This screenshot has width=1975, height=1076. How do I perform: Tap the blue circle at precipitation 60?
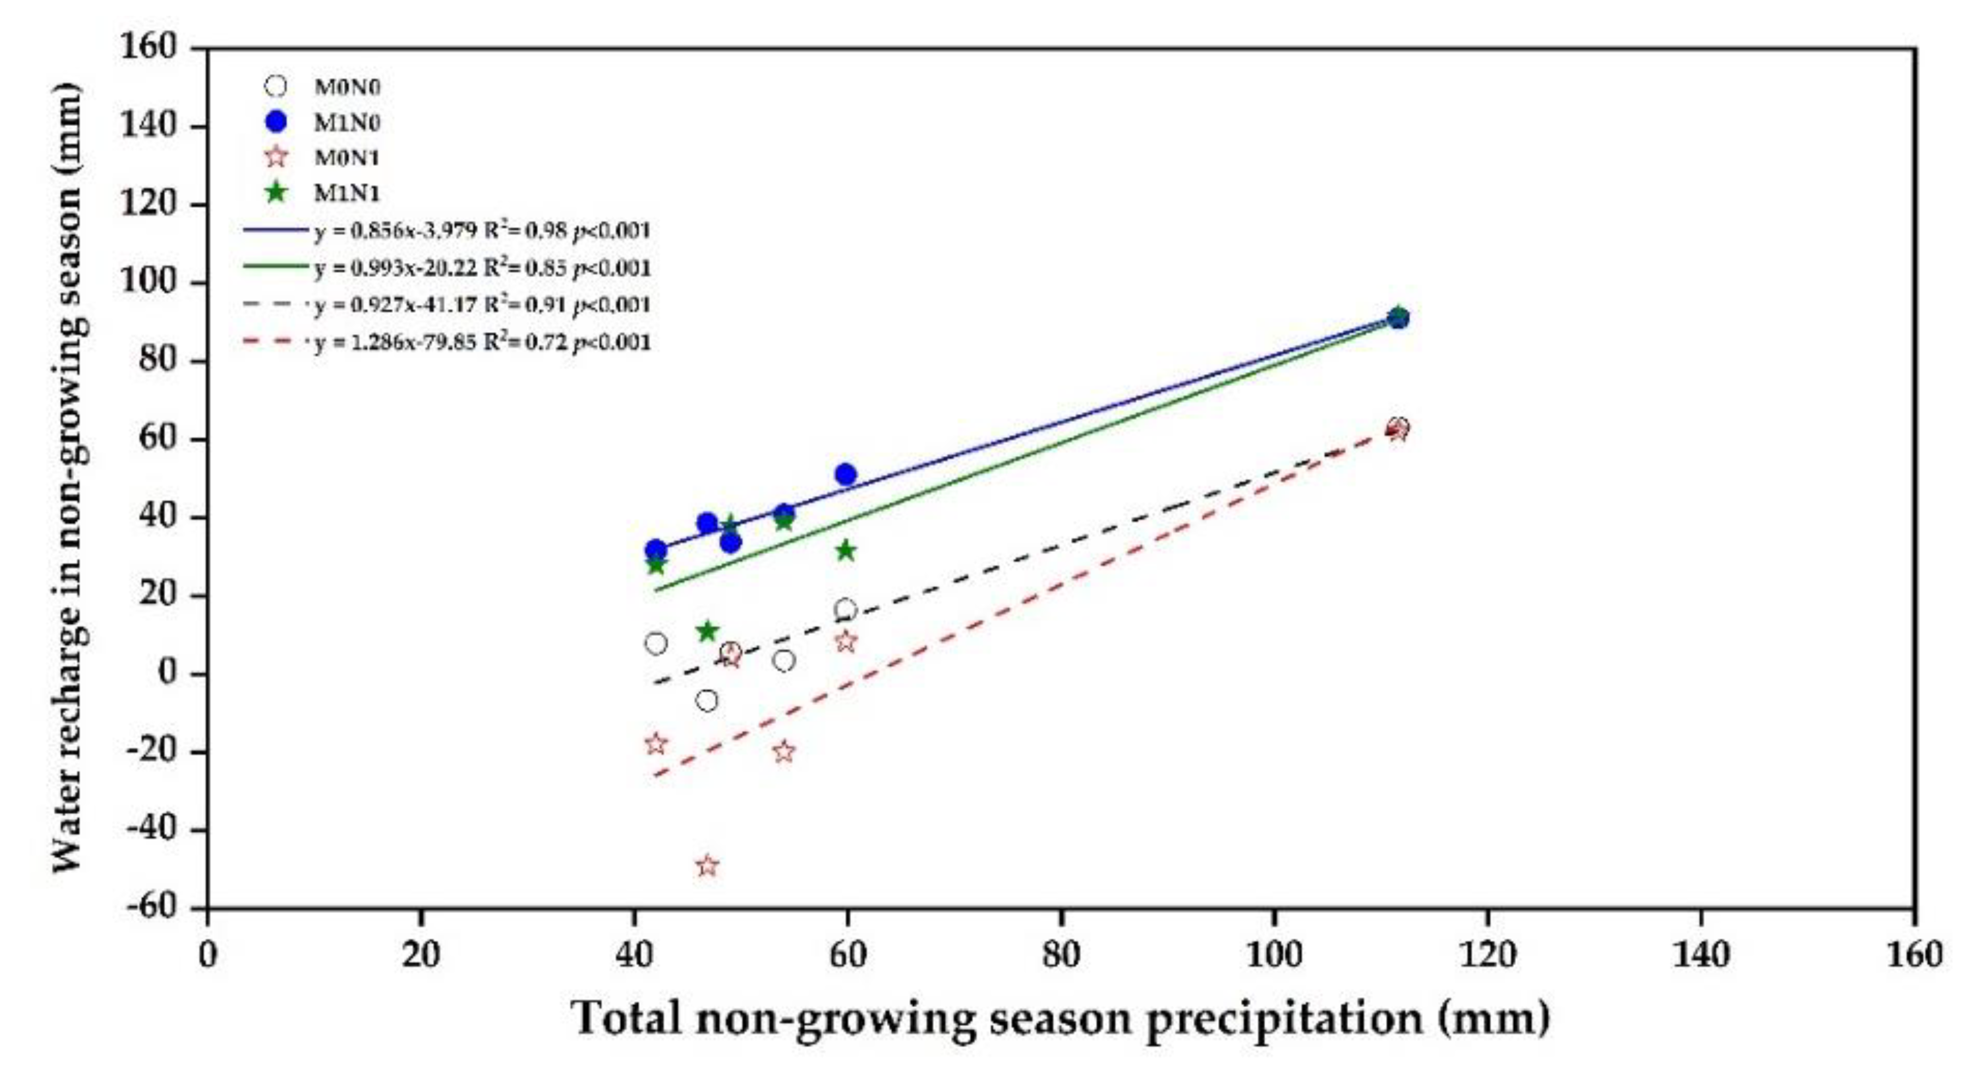pos(845,474)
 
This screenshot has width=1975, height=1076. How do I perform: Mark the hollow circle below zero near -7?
pos(707,700)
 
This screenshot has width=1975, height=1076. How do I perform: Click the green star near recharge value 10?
pos(707,631)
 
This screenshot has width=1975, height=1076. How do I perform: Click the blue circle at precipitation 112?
pos(1398,318)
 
